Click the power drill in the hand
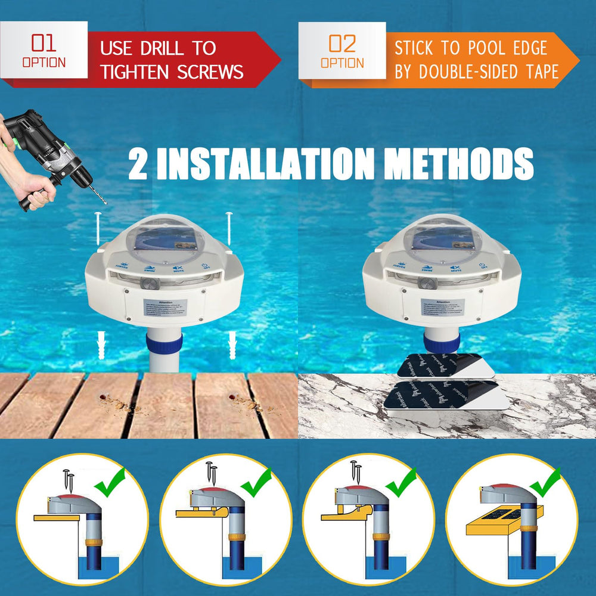coord(48,152)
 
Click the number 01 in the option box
coord(44,44)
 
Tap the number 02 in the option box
coord(342,44)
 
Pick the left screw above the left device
coord(98,229)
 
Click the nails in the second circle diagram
coord(212,472)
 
